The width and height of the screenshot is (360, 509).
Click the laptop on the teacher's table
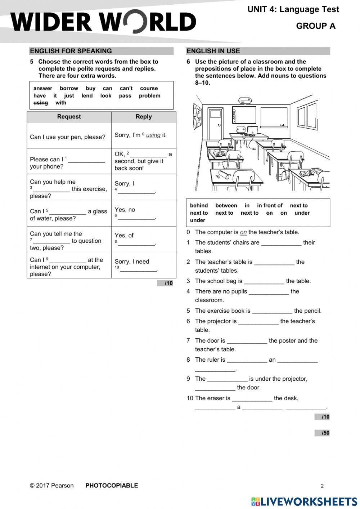tap(252, 130)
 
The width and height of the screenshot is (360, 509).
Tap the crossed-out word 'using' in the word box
tap(41, 103)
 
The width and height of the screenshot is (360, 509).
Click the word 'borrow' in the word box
tap(69, 88)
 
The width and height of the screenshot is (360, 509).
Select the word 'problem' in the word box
tap(149, 96)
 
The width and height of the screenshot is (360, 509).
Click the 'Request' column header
tap(69, 117)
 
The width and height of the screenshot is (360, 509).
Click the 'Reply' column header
tap(144, 117)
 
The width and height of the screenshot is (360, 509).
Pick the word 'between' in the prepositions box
tap(226, 206)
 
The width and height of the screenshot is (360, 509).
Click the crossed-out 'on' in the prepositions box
tap(269, 213)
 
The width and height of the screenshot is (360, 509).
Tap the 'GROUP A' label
tap(316, 26)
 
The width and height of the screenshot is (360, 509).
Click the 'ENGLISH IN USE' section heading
tap(213, 51)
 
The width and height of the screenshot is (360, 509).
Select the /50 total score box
tap(322, 433)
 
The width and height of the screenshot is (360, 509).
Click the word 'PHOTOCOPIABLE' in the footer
tap(112, 486)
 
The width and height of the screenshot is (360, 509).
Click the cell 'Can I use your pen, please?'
tap(68, 137)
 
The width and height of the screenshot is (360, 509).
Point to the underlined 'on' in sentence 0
tap(243, 232)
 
